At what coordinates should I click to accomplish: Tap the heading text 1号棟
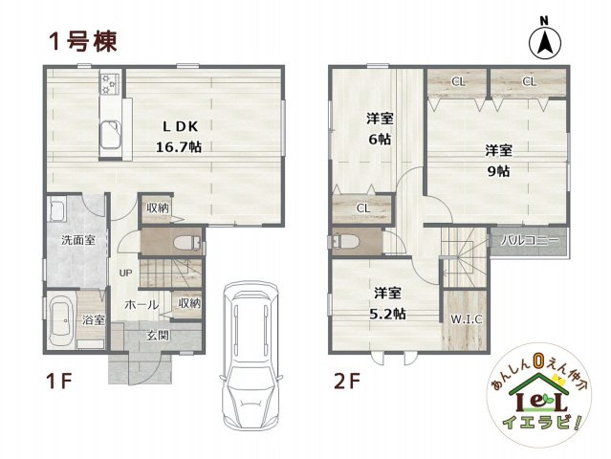click(x=84, y=41)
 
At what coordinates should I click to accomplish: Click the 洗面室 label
click(x=77, y=239)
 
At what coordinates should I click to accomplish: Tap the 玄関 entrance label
click(x=158, y=335)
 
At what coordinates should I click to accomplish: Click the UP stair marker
click(x=125, y=273)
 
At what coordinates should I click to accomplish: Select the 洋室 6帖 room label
click(x=380, y=129)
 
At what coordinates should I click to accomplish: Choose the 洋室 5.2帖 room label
click(x=388, y=302)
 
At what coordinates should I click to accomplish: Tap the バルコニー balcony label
click(x=527, y=241)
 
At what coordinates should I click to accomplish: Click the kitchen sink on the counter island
click(x=111, y=134)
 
